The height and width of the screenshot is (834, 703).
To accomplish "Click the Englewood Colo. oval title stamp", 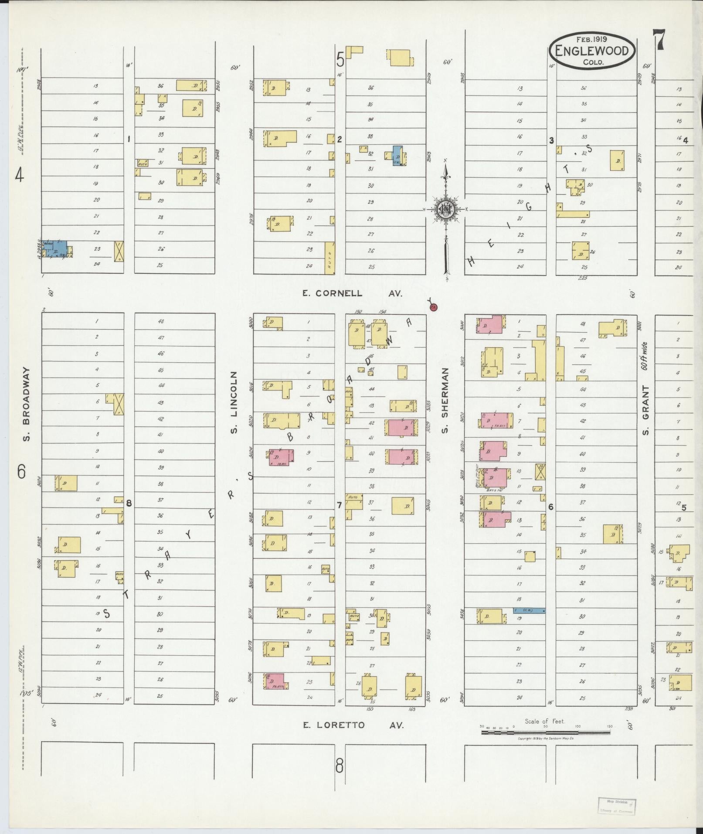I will [592, 51].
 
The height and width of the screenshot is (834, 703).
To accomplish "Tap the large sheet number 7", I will [659, 40].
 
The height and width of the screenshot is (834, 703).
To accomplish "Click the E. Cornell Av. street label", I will [352, 293].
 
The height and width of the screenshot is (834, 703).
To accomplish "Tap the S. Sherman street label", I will [445, 400].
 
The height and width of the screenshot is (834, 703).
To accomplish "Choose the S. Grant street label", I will [645, 410].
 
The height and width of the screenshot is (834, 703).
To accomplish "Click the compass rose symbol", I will [445, 210].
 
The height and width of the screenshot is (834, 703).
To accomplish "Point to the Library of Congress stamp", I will [615, 806].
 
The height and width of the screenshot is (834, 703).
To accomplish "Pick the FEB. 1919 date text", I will [592, 38].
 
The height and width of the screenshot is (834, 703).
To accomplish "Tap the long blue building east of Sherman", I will [530, 611].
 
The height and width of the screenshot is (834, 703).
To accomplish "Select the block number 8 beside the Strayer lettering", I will [129, 503].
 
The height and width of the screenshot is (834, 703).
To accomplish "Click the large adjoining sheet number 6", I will [21, 471].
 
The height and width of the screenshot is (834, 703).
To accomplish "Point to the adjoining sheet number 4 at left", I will [19, 175].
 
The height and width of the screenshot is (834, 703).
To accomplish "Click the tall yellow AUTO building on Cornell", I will [330, 258].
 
